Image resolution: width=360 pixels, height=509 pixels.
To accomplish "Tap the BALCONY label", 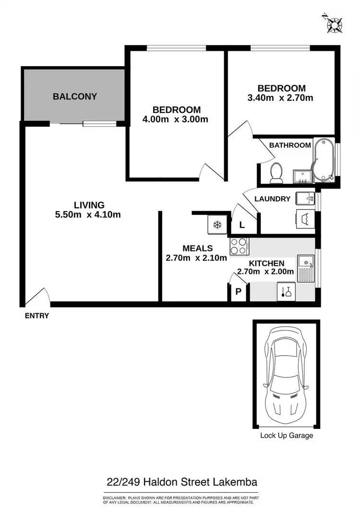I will pyautogui.click(x=75, y=96).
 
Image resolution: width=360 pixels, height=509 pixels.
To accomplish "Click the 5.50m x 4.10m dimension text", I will pyautogui.click(x=88, y=214).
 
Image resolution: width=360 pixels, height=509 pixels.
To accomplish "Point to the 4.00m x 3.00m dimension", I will pyautogui.click(x=175, y=119).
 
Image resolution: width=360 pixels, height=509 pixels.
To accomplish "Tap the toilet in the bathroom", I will pyautogui.click(x=276, y=173).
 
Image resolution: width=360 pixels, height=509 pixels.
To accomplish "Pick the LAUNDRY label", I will pyautogui.click(x=272, y=199).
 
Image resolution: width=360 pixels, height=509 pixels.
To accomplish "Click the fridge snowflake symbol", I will pyautogui.click(x=217, y=225).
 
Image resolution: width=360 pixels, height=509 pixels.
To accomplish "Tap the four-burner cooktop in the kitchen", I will pyautogui.click(x=239, y=247).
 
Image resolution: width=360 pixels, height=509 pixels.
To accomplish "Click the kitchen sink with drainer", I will pyautogui.click(x=305, y=269).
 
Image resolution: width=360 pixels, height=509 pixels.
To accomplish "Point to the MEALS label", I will pyautogui.click(x=197, y=249).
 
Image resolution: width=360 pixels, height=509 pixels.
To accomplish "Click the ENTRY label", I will pyautogui.click(x=37, y=316).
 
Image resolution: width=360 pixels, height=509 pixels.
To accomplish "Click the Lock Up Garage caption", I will pyautogui.click(x=287, y=436).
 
